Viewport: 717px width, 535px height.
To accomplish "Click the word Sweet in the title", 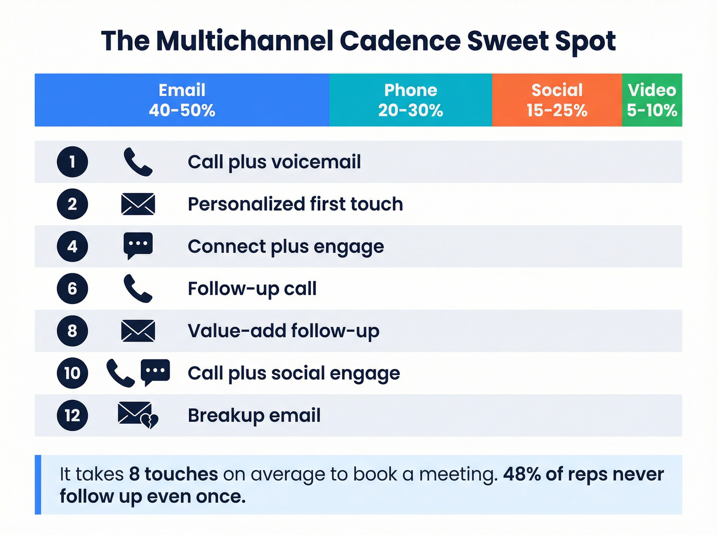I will click(507, 41).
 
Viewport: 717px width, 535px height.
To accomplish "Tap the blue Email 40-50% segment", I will click(182, 100).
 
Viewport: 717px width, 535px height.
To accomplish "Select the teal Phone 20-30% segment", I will click(410, 100).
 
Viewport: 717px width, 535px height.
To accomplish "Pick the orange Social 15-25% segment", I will click(557, 100).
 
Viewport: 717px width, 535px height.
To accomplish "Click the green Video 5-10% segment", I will click(652, 100).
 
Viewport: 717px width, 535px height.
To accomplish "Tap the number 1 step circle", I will click(72, 162).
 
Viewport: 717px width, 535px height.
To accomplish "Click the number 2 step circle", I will click(72, 204).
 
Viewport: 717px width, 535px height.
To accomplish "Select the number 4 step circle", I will click(72, 246).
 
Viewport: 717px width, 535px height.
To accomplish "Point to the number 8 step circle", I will click(72, 331).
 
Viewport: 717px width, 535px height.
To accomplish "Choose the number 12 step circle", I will click(72, 415).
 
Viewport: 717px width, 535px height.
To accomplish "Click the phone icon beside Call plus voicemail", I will click(138, 162).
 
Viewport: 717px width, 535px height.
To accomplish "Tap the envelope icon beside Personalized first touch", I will click(138, 204).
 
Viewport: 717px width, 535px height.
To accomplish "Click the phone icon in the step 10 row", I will click(120, 373).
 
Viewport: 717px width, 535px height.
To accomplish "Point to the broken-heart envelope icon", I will click(137, 415).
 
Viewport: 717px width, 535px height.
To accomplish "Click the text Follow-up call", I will click(252, 289).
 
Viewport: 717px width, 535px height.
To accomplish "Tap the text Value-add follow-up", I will click(283, 331).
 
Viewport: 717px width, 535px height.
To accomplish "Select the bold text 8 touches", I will click(173, 474).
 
